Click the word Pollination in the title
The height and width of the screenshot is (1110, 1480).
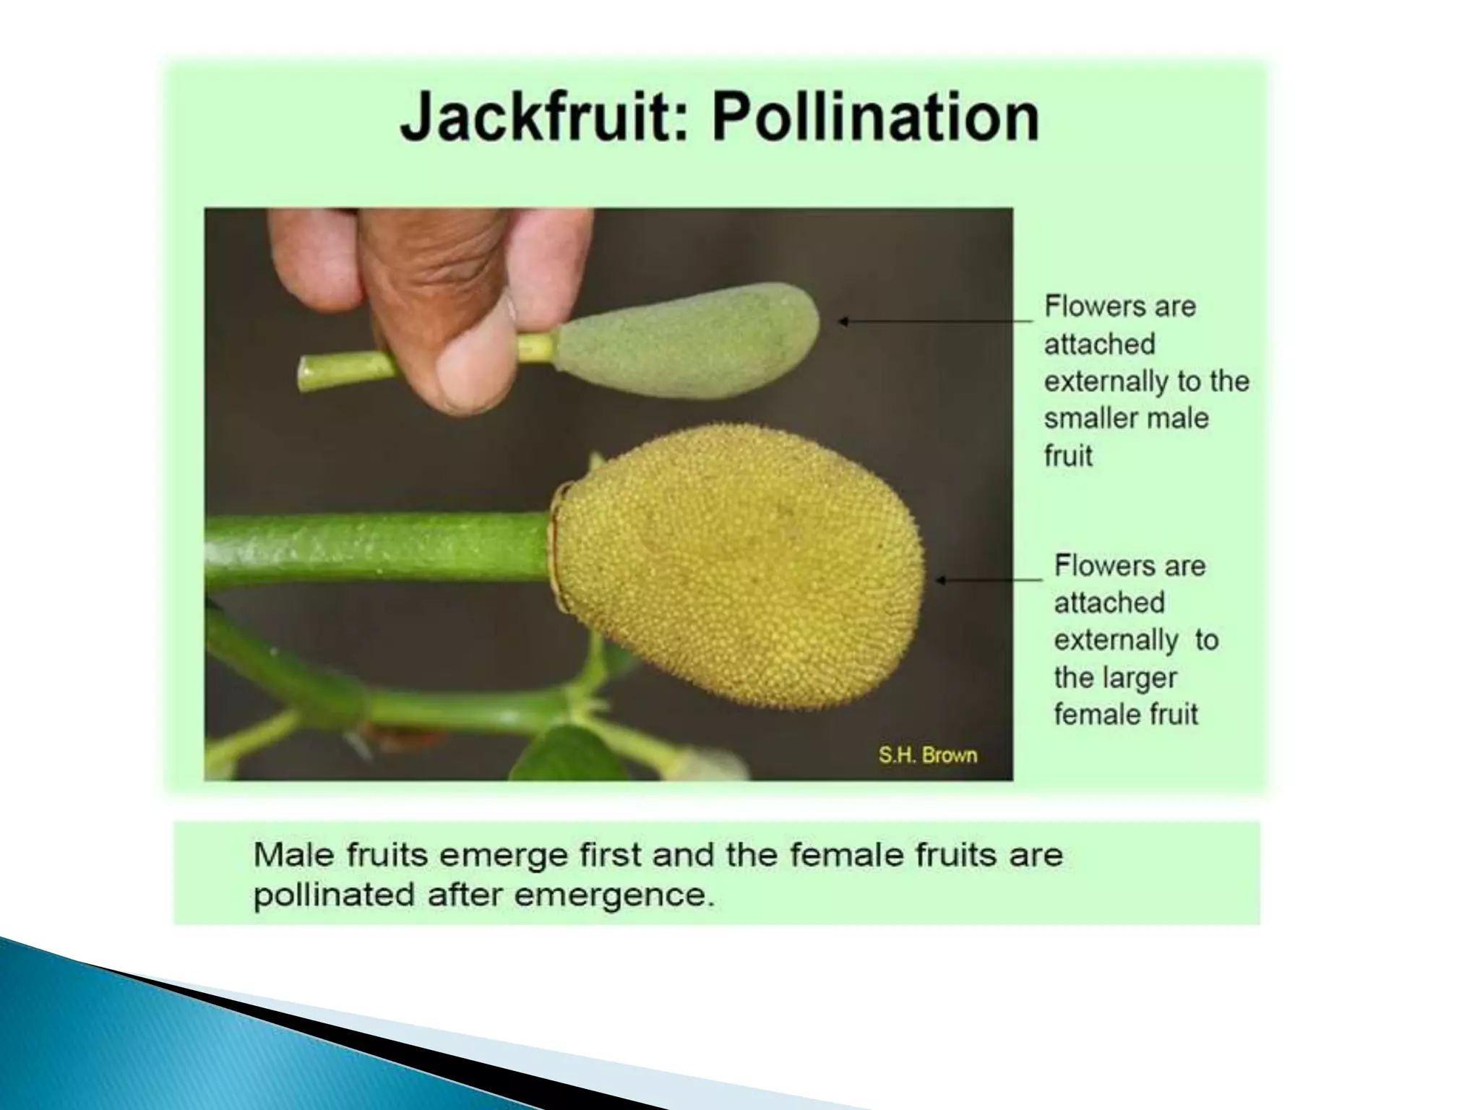coord(875,117)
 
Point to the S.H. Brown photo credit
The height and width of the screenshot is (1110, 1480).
coord(928,755)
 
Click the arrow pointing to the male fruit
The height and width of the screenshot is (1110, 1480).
coord(932,321)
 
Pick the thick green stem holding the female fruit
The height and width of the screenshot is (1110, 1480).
coord(376,546)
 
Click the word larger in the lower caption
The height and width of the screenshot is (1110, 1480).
coord(1141,678)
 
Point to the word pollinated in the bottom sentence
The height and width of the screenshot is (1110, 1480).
coord(334,895)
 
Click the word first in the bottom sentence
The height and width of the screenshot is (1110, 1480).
coord(611,856)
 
